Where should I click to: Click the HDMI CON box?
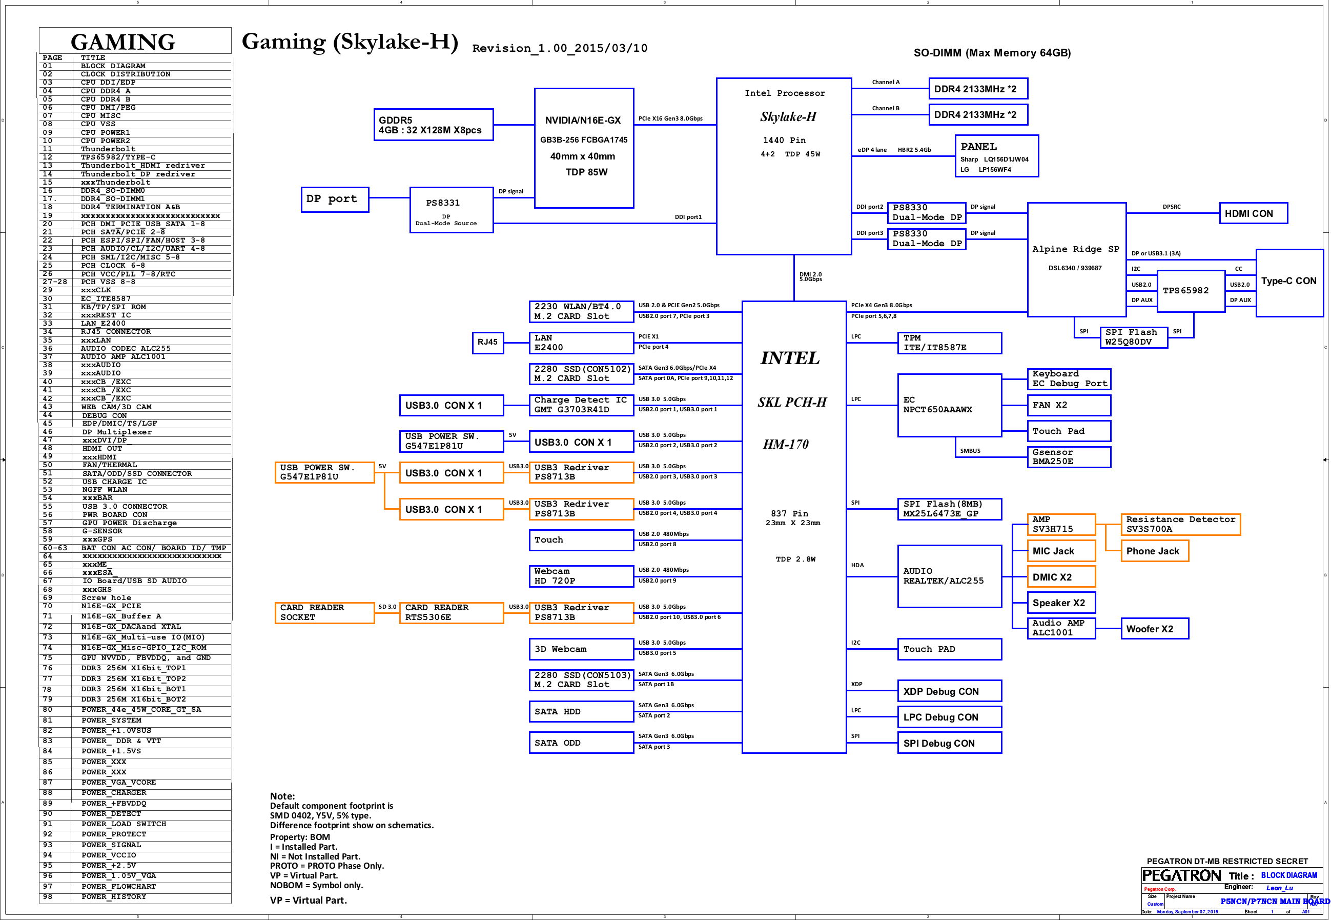1253,213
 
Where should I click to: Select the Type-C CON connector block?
1289,283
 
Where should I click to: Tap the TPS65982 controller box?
1191,291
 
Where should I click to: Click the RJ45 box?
488,343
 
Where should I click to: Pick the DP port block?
335,199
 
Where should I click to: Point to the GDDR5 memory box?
433,125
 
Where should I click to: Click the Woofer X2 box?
1154,628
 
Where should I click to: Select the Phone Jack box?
1154,550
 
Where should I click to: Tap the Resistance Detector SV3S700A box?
1180,524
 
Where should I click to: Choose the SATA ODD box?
581,743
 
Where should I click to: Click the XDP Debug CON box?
949,691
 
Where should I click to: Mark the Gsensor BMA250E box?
1069,456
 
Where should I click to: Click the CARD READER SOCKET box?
324,612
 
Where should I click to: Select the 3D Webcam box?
581,649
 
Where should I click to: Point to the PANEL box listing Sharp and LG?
996,155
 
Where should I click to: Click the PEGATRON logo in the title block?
1181,875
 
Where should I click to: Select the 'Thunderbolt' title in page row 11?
108,149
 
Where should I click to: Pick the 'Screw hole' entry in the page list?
106,598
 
